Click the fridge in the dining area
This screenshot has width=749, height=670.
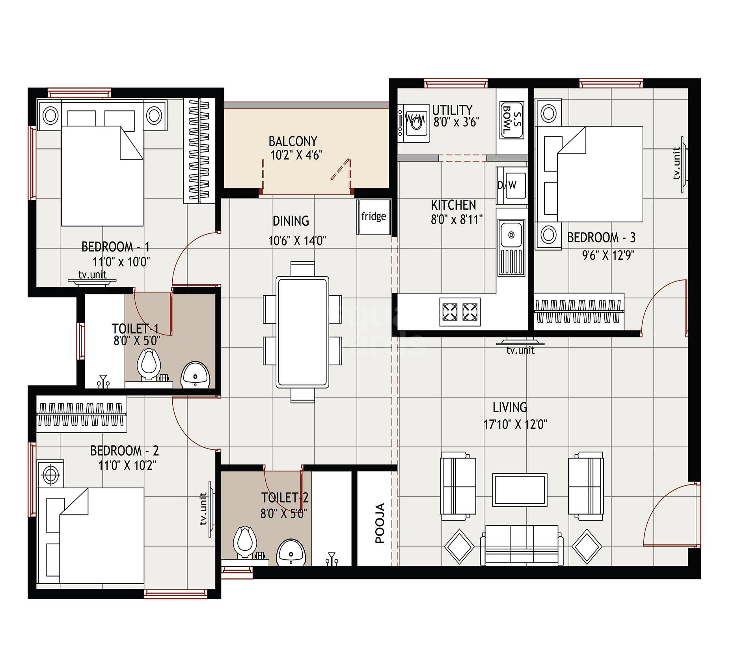coord(374,217)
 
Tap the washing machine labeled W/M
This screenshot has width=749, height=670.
coord(414,123)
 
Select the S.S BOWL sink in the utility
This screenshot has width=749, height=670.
coord(511,120)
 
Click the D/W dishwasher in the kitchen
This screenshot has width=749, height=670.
coord(511,185)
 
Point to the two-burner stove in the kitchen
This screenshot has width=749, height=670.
coord(460,312)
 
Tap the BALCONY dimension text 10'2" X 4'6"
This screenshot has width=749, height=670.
coord(296,155)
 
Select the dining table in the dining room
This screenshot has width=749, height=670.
coord(302,332)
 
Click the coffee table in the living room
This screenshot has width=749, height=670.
coord(520,490)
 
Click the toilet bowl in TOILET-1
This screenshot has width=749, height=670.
coord(148,364)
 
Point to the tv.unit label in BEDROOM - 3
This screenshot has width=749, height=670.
coord(676,164)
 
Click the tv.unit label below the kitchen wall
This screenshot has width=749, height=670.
coord(520,350)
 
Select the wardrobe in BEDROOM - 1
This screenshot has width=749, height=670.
coord(199,151)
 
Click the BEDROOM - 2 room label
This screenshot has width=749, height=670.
coord(124,450)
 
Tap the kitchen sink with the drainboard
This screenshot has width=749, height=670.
coord(511,247)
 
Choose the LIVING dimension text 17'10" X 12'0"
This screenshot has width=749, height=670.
coord(515,424)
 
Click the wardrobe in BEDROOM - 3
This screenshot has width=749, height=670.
coord(579,311)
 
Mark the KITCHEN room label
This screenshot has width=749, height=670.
coord(453,205)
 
